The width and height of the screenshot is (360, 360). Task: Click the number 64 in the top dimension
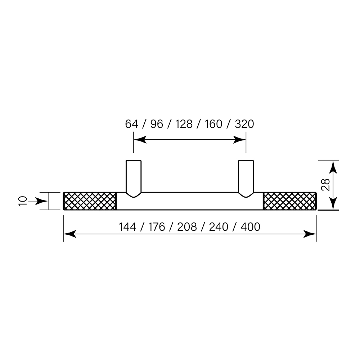point(131,124)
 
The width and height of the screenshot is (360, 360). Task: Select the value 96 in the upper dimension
point(157,124)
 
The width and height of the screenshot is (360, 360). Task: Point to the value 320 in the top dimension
point(244,124)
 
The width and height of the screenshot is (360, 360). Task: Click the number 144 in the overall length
point(127,227)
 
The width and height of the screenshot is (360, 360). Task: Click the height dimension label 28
point(325,185)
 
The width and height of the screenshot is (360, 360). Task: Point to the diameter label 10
point(23,201)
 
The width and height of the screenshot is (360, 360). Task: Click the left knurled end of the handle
point(90,201)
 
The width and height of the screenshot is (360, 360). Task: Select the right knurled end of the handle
point(290,201)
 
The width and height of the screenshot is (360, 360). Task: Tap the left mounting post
point(134,176)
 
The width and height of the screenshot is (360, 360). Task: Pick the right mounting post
point(246,176)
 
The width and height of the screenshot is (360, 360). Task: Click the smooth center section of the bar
point(190,201)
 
